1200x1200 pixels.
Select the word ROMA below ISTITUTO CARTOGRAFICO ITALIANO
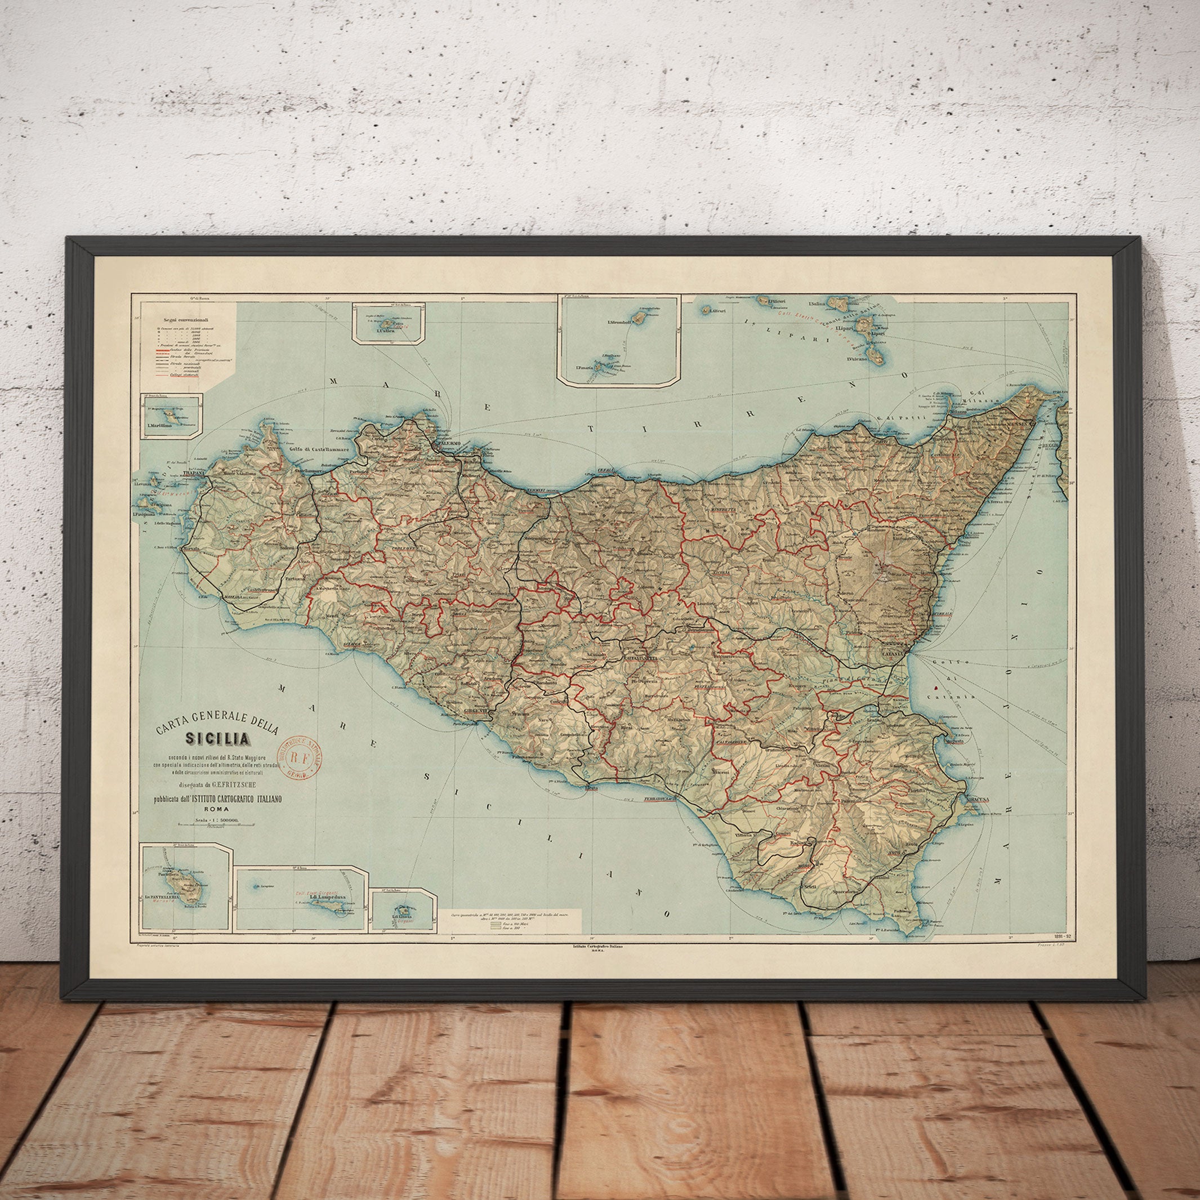tap(217, 809)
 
